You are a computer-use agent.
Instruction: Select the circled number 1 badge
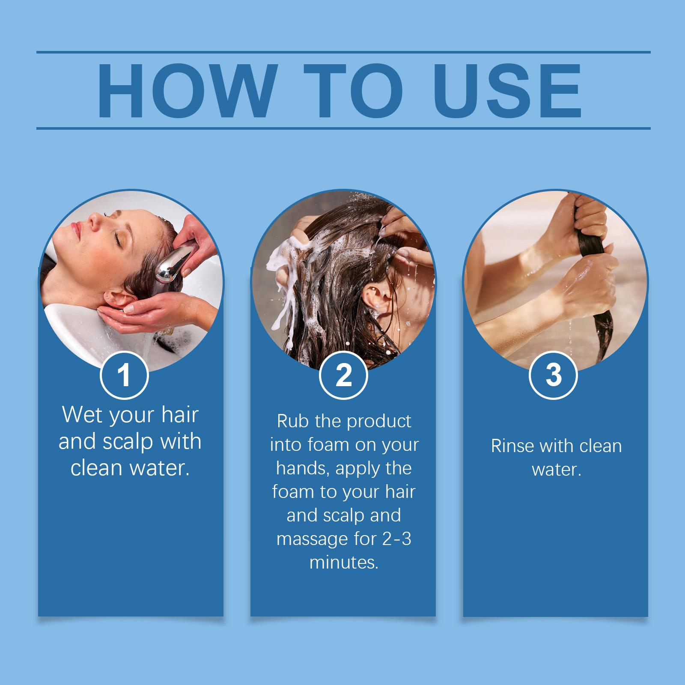pos(124,375)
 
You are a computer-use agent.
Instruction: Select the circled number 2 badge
pos(343,375)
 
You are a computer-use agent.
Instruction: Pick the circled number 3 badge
pos(553,375)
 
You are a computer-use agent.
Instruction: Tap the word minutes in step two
pos(344,562)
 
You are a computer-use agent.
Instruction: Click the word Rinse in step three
pos(512,446)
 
